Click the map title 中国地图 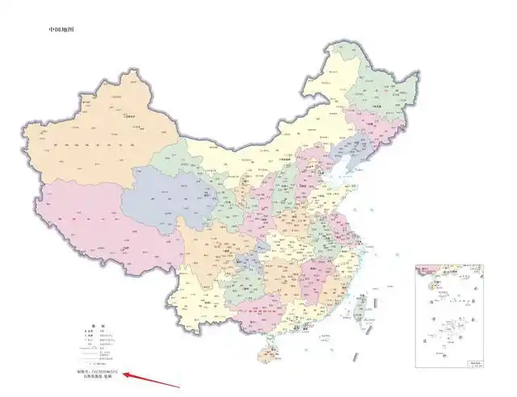61,30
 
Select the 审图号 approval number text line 102,370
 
